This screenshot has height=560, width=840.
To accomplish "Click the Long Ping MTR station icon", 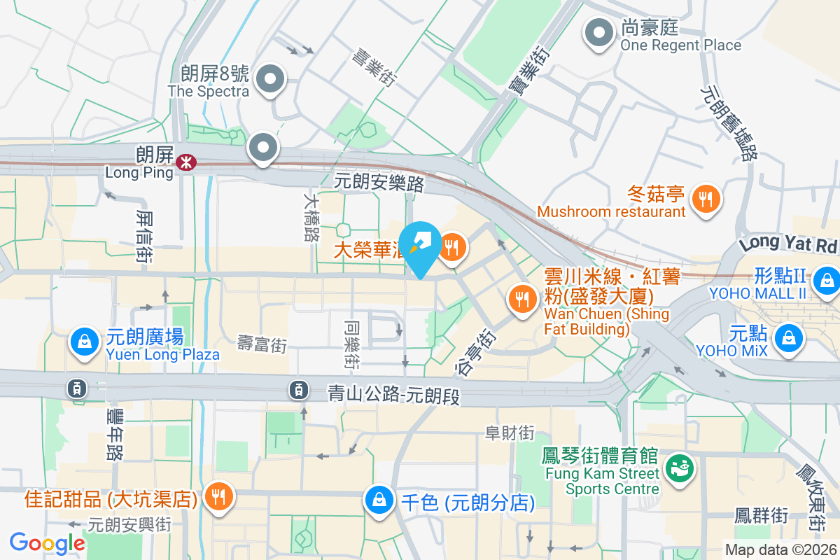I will click(185, 162).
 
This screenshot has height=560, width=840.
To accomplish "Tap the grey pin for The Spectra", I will click(269, 79).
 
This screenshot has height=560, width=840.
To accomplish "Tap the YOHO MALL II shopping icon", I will click(827, 279).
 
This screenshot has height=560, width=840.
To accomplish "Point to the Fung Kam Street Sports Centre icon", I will click(678, 467).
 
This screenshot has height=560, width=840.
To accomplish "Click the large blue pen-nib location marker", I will click(421, 247).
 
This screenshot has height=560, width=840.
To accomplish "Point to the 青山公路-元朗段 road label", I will click(394, 395).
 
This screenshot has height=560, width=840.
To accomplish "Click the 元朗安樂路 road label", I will click(379, 183).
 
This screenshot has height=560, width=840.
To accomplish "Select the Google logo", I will click(47, 542).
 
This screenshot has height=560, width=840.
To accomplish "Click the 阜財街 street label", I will click(510, 433).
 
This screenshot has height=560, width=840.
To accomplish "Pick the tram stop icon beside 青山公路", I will click(299, 388).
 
